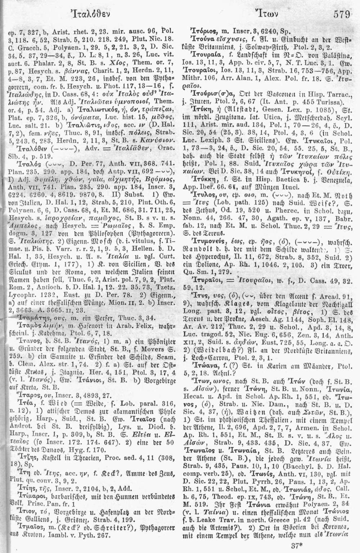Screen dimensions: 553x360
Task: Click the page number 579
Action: tap(342, 15)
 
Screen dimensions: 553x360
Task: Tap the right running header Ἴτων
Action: tap(263, 15)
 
